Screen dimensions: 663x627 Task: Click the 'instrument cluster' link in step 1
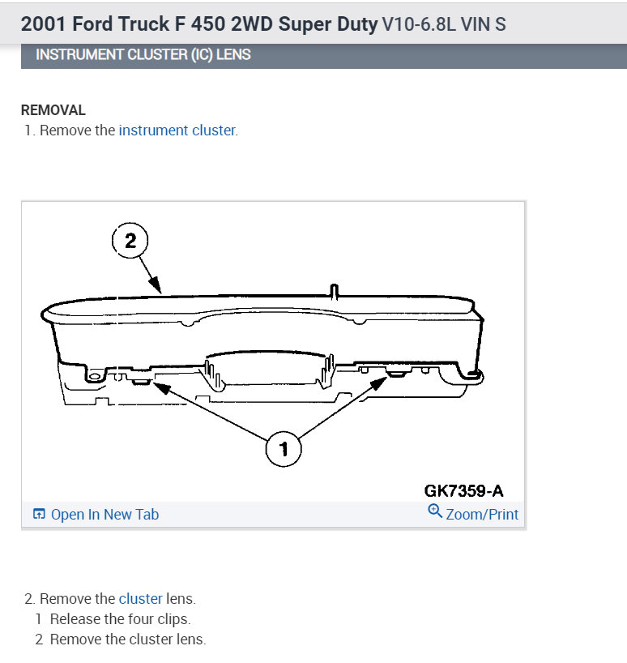177,130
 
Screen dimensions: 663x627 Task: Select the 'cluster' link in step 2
141,599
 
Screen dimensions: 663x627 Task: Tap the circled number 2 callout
130,241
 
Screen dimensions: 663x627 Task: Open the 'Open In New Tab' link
104,515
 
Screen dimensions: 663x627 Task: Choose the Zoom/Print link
482,515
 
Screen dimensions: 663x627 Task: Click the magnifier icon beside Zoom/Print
434,511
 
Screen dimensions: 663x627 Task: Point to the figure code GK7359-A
463,491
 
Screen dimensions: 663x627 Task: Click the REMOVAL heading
53,110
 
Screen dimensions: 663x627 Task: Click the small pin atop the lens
334,289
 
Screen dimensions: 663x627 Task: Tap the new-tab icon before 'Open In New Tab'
38,515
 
